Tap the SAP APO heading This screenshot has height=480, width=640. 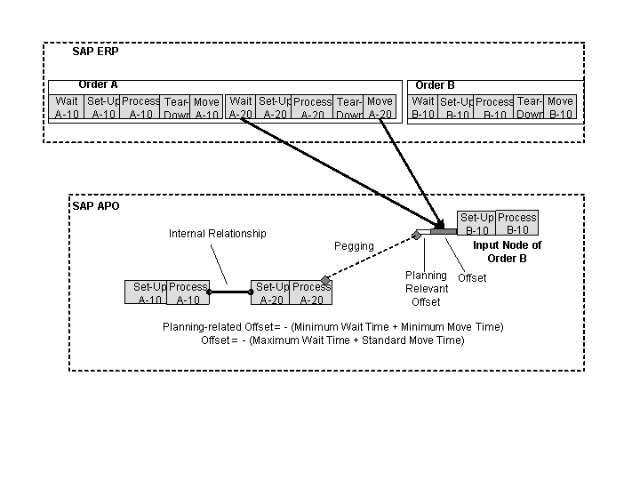click(x=95, y=206)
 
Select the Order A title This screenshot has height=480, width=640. click(x=98, y=84)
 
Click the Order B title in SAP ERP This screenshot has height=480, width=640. click(x=435, y=85)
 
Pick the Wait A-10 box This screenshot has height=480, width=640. click(x=67, y=108)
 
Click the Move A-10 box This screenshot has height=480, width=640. click(x=206, y=108)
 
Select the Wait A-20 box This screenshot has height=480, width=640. click(x=241, y=108)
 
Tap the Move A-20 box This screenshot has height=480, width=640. click(x=380, y=108)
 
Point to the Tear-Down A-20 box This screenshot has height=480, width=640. click(x=349, y=108)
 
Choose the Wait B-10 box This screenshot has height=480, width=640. click(x=423, y=108)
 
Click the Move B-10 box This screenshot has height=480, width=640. click(x=560, y=108)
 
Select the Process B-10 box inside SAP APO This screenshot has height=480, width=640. click(x=516, y=223)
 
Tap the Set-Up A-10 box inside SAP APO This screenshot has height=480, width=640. click(x=149, y=292)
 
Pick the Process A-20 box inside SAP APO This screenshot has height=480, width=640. click(x=311, y=292)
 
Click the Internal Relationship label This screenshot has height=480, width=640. click(x=217, y=234)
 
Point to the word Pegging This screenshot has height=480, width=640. click(x=354, y=245)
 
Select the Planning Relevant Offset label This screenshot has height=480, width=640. click(x=425, y=289)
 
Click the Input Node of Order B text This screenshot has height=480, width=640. click(x=507, y=252)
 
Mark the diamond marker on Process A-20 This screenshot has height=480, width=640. click(x=325, y=281)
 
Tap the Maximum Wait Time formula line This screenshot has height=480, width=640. click(x=332, y=340)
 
